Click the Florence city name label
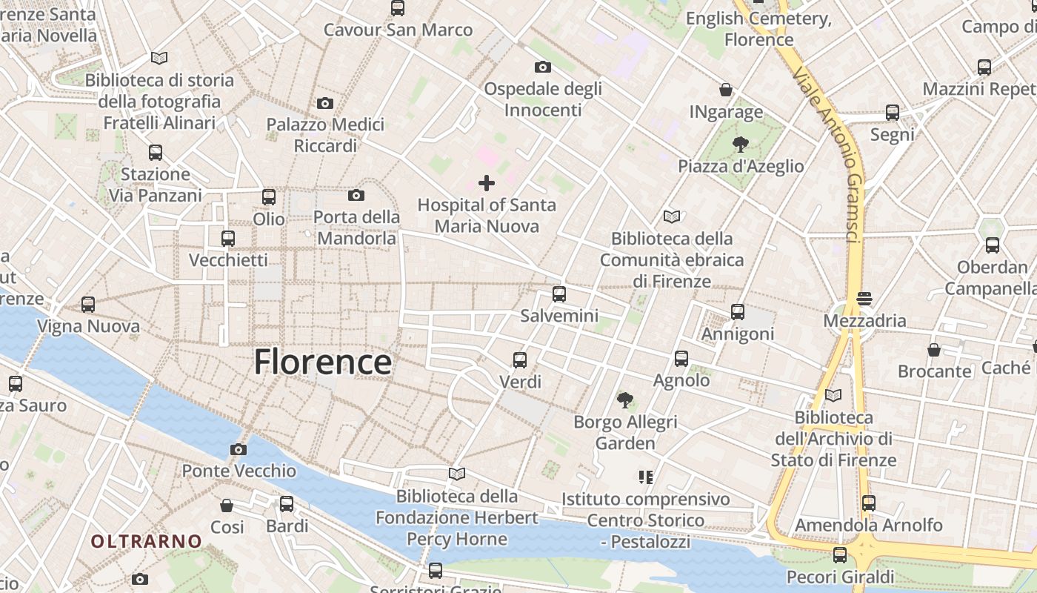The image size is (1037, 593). [x=322, y=362]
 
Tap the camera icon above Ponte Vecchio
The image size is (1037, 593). [x=238, y=449]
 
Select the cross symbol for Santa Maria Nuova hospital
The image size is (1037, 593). [x=487, y=182]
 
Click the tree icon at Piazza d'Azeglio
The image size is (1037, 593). [x=740, y=144]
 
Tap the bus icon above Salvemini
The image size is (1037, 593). [x=559, y=294]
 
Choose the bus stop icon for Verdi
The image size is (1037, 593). [x=520, y=360]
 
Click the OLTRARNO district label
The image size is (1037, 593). [x=146, y=541]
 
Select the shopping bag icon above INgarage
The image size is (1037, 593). [x=726, y=90]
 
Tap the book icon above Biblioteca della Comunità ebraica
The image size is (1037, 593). [x=672, y=216]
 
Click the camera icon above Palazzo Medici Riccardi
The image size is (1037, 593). [x=324, y=103]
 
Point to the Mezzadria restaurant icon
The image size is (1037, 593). [x=864, y=299]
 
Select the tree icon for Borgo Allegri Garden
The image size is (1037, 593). [x=625, y=400]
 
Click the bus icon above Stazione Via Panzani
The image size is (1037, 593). [x=156, y=153]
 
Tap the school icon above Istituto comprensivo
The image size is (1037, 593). [x=645, y=477]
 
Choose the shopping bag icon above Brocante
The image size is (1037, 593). [x=934, y=349]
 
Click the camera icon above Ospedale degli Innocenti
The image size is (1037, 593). [x=542, y=67]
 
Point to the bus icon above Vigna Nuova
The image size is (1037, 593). [x=88, y=304]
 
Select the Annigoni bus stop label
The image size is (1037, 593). [x=738, y=334]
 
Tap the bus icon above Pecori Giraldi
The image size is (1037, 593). [x=840, y=554]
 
